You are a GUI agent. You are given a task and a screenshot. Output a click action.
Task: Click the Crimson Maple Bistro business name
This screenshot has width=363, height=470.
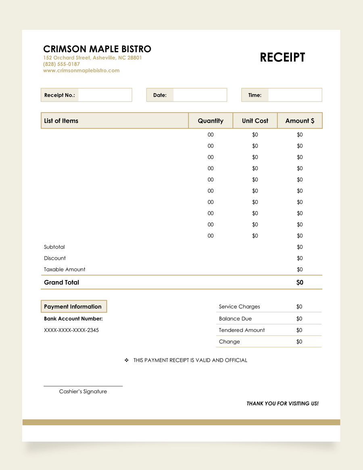pyautogui.click(x=97, y=49)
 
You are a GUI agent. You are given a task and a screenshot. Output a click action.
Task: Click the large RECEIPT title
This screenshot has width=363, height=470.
pyautogui.click(x=282, y=58)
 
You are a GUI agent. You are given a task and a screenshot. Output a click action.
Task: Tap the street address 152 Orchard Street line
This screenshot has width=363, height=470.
pyautogui.click(x=92, y=58)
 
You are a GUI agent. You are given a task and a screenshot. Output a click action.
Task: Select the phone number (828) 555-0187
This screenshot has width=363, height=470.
pyautogui.click(x=61, y=64)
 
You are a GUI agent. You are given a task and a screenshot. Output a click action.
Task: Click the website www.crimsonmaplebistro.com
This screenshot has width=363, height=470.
pyautogui.click(x=81, y=71)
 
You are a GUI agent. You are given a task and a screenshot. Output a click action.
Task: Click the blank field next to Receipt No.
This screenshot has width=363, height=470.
pyautogui.click(x=105, y=95)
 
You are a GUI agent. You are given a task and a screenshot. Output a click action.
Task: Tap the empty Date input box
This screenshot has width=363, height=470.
pyautogui.click(x=200, y=95)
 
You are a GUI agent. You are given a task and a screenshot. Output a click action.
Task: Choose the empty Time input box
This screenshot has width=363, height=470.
pyautogui.click(x=295, y=95)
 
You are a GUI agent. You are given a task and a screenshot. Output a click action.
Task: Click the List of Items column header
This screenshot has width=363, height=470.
pyautogui.click(x=61, y=121)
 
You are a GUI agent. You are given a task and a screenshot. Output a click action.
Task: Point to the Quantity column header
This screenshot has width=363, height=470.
pyautogui.click(x=211, y=121)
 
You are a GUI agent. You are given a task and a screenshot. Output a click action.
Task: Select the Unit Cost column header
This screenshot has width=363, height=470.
pyautogui.click(x=255, y=121)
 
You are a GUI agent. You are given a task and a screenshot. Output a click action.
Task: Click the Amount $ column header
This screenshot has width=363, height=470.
pyautogui.click(x=300, y=121)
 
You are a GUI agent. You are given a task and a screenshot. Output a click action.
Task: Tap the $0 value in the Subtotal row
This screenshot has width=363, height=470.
pyautogui.click(x=300, y=247)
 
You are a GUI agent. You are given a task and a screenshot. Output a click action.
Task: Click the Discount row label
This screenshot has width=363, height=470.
pyautogui.click(x=55, y=258)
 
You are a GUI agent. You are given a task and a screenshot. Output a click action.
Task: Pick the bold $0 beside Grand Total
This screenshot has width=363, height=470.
pyautogui.click(x=300, y=282)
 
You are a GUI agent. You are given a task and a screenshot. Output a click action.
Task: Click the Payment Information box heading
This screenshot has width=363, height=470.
pyautogui.click(x=73, y=307)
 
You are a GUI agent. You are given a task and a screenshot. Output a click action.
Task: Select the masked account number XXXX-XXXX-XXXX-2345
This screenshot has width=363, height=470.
pyautogui.click(x=71, y=330)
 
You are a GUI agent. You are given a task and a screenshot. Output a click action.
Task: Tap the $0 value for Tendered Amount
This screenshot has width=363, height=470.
pyautogui.click(x=299, y=330)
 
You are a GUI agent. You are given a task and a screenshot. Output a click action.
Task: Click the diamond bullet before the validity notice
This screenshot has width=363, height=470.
pyautogui.click(x=127, y=360)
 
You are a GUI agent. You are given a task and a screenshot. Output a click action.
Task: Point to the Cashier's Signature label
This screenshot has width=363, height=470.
pyautogui.click(x=83, y=391)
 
